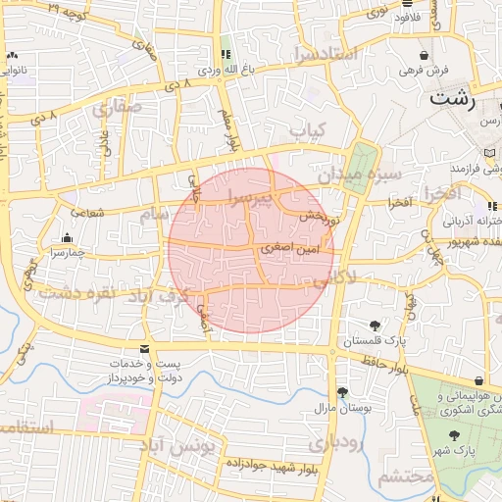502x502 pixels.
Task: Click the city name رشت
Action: point(453,99)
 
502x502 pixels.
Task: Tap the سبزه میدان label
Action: point(376,174)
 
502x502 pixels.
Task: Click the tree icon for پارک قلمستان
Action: point(374,325)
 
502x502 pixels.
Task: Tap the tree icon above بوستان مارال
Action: point(341,392)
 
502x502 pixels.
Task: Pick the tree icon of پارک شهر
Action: point(453,434)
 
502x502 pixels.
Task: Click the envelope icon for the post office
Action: point(145,349)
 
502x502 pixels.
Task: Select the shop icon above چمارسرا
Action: point(67,237)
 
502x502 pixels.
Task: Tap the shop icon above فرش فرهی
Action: point(424,55)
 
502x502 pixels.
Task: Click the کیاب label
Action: point(307,129)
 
